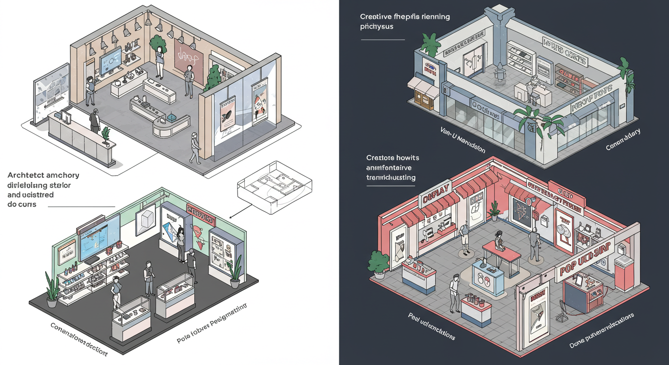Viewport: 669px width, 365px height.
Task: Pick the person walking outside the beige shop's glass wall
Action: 194,148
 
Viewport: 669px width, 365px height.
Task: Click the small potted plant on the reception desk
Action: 106,135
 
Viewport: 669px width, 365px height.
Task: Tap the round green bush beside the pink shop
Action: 379,263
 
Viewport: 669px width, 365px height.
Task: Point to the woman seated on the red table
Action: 498,241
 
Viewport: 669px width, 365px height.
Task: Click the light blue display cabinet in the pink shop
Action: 487,280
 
